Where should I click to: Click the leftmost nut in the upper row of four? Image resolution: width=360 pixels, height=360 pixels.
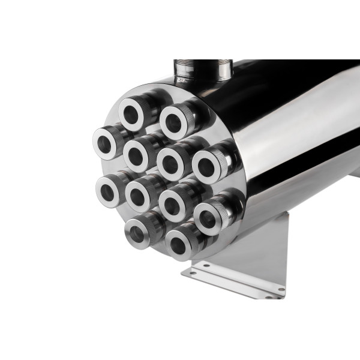[108, 142]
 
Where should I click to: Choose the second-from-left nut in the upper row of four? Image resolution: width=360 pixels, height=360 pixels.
[142, 152]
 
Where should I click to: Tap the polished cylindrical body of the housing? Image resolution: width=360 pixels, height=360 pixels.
[288, 132]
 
